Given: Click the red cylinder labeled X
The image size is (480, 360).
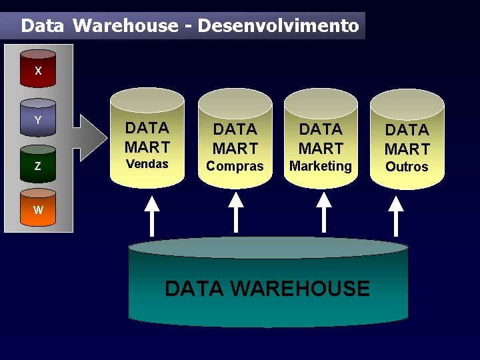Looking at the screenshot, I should [38, 69].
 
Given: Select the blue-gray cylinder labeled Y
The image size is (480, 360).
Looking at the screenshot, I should [38, 120].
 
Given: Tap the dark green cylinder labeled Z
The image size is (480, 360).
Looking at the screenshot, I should [38, 166].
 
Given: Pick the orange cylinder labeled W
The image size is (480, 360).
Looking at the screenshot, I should [38, 210].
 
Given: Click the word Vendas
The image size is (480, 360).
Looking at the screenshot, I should [147, 164].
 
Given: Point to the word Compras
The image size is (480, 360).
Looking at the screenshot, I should [235, 166].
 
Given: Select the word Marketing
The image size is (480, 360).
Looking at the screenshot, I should [321, 166].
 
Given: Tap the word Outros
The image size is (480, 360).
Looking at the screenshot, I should [407, 167].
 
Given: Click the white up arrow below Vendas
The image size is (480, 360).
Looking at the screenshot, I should [153, 213].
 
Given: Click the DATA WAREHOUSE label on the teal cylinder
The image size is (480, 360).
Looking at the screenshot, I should [267, 289].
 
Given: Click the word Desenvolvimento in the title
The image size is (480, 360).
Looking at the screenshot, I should [279, 26].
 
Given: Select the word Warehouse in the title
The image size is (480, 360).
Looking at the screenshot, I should [125, 26].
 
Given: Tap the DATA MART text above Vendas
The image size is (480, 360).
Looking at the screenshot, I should [147, 137].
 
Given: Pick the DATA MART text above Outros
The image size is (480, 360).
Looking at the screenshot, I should [407, 139].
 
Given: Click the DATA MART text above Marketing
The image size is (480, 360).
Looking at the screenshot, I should [321, 138].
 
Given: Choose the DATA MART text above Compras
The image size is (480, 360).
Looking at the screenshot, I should [235, 138].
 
